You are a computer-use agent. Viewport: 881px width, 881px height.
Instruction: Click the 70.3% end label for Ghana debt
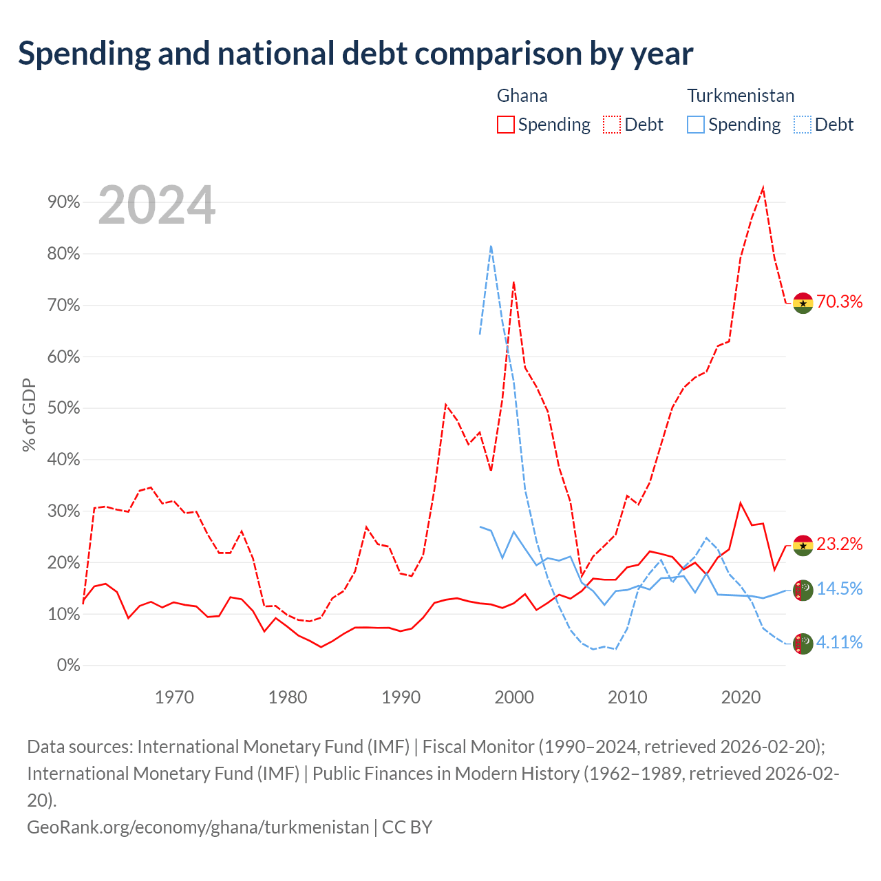click(x=839, y=301)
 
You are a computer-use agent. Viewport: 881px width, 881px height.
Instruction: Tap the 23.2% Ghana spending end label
click(x=839, y=544)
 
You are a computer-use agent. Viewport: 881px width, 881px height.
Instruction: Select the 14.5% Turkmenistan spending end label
click(x=839, y=589)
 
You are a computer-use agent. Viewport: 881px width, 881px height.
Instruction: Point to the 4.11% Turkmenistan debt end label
click(x=839, y=643)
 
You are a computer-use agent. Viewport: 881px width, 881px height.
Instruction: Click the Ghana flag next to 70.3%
click(x=803, y=303)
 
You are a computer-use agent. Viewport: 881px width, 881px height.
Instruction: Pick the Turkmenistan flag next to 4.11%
click(x=803, y=644)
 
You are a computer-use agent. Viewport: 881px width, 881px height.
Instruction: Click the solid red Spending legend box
click(x=506, y=125)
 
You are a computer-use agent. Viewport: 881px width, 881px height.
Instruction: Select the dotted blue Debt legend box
click(x=803, y=125)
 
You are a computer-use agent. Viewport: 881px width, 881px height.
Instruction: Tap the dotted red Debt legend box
click(x=612, y=125)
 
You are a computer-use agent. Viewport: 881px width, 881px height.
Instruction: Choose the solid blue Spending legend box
click(x=695, y=125)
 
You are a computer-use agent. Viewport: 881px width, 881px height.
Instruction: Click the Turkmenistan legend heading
click(x=741, y=96)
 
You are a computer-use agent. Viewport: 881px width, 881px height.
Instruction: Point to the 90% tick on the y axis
click(x=63, y=202)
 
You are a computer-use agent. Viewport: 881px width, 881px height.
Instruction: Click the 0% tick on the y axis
click(x=69, y=665)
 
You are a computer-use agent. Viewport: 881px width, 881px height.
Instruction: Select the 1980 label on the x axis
click(x=288, y=697)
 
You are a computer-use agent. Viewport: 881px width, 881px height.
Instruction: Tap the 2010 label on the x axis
click(x=627, y=697)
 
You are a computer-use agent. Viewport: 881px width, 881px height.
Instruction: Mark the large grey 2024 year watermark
click(x=156, y=205)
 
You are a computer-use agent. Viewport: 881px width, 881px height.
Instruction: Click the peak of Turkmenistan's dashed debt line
click(x=491, y=246)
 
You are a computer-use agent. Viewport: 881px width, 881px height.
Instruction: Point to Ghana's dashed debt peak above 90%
click(x=763, y=187)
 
